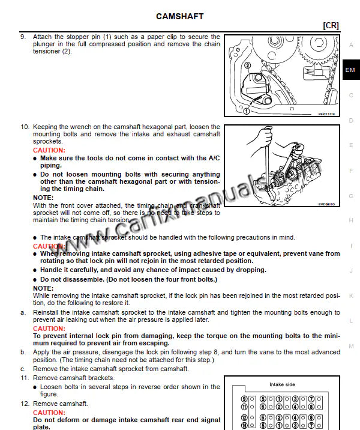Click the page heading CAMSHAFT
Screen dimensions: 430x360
[179, 16]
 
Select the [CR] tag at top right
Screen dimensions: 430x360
[331, 25]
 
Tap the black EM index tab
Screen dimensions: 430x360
[350, 70]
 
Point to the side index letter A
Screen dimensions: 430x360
[351, 44]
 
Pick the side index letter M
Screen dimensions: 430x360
[351, 347]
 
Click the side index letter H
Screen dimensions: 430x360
[351, 220]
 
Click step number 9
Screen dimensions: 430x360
[23, 37]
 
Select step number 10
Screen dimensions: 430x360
[24, 127]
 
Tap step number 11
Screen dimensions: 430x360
[24, 378]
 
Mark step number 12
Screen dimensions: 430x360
[24, 404]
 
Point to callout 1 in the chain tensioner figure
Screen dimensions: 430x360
[246, 111]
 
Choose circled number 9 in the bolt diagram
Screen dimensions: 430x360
[244, 398]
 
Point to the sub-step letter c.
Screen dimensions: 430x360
[23, 368]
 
